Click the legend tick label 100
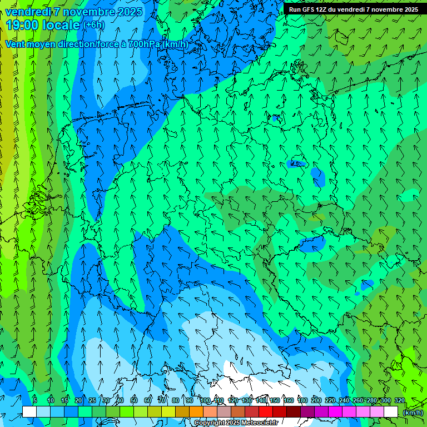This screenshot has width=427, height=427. coord(205,401)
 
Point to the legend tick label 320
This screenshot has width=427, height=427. coord(399,401)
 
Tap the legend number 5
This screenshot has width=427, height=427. coord(35,401)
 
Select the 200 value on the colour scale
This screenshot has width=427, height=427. coord(316,401)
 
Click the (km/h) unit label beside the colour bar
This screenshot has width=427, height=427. coord(413,413)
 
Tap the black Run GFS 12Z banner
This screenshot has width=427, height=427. coord(353,9)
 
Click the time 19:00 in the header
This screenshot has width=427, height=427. coord(24,25)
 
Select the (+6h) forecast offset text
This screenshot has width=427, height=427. coord(93,26)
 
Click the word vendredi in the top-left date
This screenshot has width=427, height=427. coord(28,12)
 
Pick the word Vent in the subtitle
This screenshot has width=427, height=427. coord(16,44)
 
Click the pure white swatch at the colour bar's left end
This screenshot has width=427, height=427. coord(29,412)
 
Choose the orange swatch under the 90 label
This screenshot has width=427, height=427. coord(196,412)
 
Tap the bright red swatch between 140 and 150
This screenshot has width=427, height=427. coord(266,412)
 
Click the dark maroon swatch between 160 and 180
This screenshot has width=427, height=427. coord(294,412)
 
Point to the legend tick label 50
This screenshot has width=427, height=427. coord(134,401)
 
